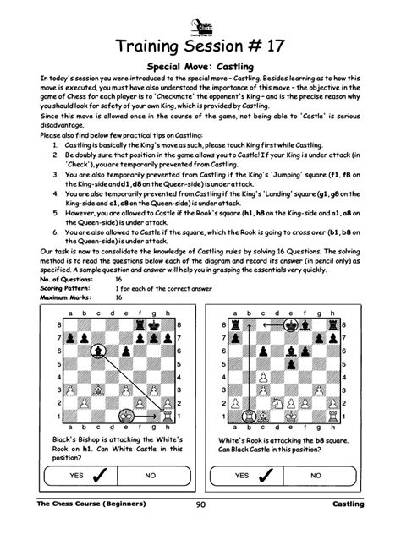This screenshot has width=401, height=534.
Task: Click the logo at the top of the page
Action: click(200, 16)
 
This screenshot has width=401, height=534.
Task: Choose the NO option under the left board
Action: click(151, 476)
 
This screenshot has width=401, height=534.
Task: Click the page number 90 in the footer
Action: click(200, 504)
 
